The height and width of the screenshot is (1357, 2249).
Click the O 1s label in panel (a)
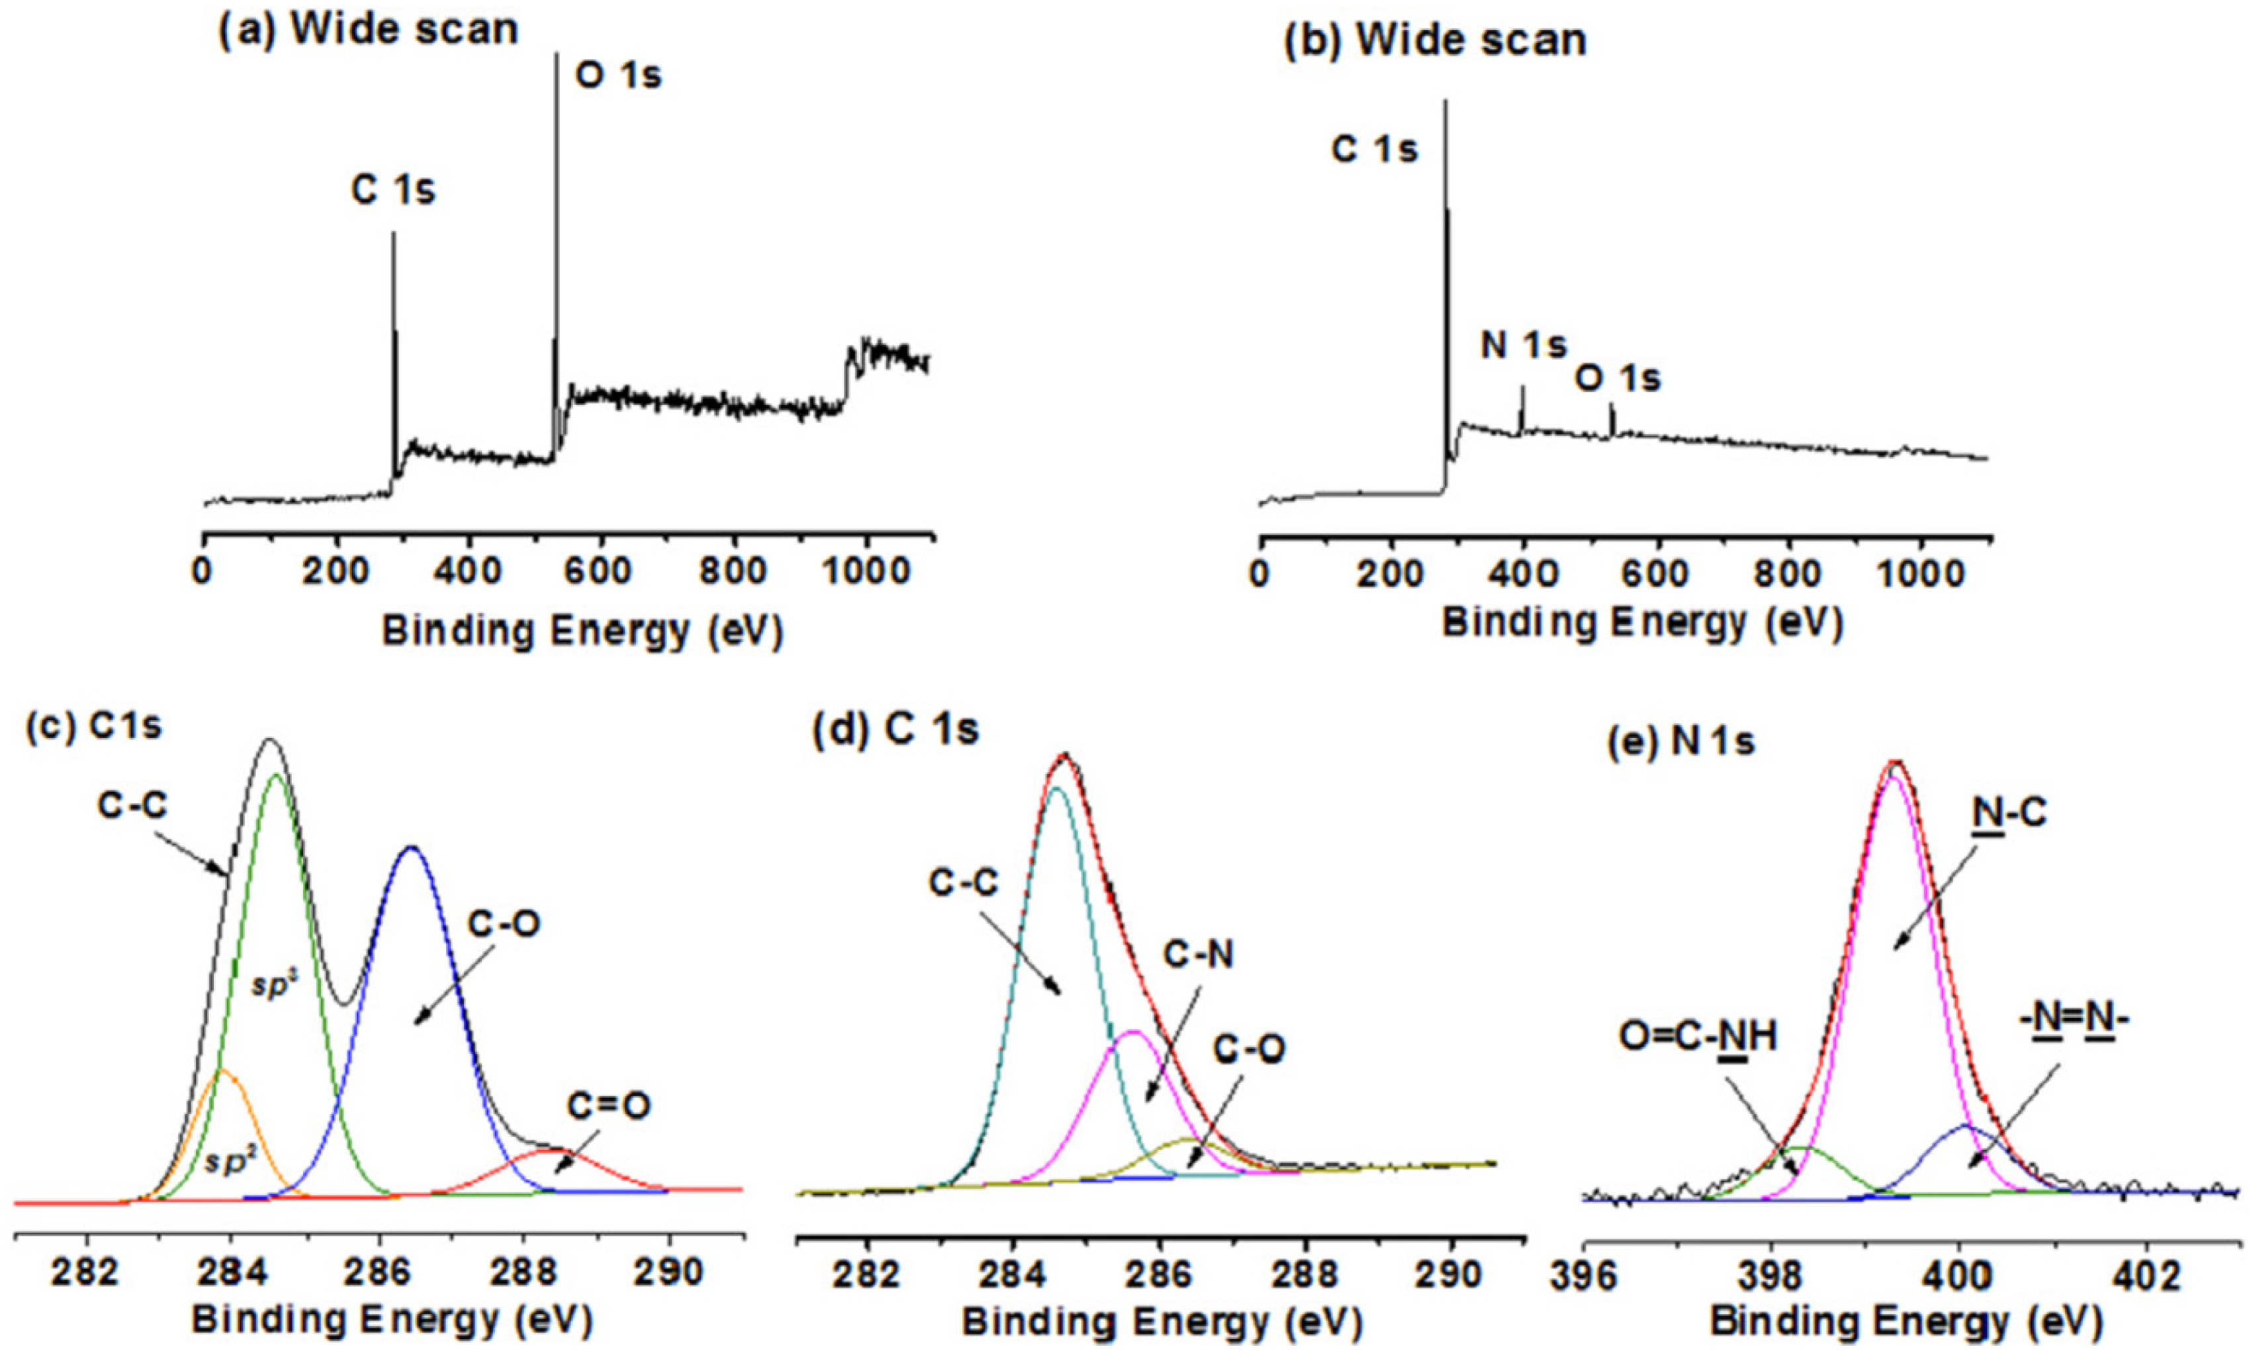click(x=618, y=75)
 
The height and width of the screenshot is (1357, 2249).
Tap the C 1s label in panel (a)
click(x=393, y=191)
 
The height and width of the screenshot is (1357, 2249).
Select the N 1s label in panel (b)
click(x=1522, y=345)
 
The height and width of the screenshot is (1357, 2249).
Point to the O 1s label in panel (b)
click(x=1618, y=378)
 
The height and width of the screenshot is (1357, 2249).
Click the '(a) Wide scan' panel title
click(x=368, y=29)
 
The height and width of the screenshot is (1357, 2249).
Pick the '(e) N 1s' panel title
click(x=1680, y=742)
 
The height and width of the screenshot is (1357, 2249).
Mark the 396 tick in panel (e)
click(x=1584, y=1276)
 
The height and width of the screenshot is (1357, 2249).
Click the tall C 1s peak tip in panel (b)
click(x=1446, y=102)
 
